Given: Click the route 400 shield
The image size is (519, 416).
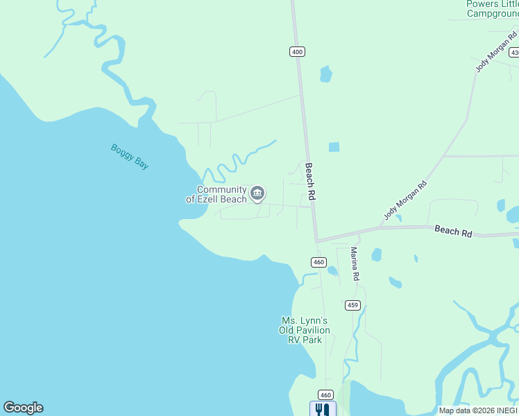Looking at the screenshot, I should click(x=297, y=52).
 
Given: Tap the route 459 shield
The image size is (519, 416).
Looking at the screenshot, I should click(x=352, y=305).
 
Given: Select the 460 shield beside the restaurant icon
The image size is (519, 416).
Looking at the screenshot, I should click(x=327, y=394).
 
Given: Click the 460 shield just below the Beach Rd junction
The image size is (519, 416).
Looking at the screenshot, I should click(x=318, y=262).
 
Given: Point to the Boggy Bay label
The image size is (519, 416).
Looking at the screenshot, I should click(x=130, y=156).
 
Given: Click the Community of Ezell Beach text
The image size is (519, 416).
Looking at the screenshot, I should click(x=216, y=194).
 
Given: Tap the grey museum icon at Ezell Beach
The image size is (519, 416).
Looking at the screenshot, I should click(x=257, y=193).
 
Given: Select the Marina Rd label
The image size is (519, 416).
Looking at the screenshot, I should click(x=355, y=263).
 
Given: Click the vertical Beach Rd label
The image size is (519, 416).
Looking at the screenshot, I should click(x=311, y=182).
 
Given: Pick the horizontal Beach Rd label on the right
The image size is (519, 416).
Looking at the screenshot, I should click(x=453, y=231).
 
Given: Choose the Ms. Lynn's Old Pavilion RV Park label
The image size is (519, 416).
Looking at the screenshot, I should click(x=304, y=330).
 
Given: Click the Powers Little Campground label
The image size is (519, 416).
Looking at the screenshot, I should click(x=493, y=8).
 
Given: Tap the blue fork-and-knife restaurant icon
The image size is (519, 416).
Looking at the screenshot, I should click(x=323, y=409).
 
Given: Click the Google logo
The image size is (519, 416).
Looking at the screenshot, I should click(x=23, y=408).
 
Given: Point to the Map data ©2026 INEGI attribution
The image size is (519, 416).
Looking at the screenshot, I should click(x=478, y=410).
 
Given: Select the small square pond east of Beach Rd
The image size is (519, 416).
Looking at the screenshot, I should click(x=334, y=147).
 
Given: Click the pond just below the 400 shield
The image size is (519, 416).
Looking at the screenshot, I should click(x=325, y=73).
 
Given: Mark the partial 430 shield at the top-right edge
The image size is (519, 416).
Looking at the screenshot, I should click(x=514, y=53).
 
